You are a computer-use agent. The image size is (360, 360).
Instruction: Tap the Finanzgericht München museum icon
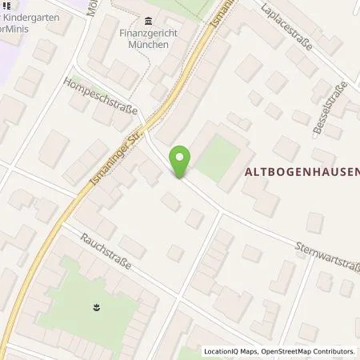point(148,21)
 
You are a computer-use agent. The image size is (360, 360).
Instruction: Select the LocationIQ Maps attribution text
point(233,351)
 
